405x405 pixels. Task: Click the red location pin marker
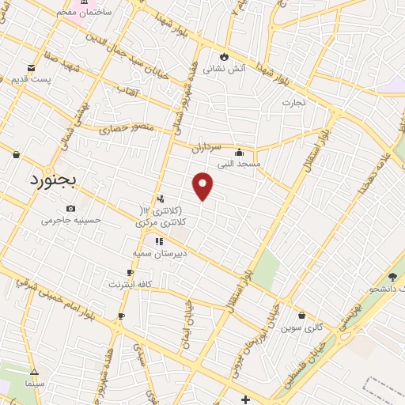tap(203, 186)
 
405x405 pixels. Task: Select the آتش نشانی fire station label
tap(225, 69)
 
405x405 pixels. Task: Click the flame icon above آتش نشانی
tap(225, 56)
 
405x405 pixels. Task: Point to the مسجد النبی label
tap(239, 164)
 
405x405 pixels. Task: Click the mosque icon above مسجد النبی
tap(239, 152)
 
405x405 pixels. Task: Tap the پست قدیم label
tap(31, 80)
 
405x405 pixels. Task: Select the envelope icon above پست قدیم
tap(31, 68)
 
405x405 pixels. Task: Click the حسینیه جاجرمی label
tap(72, 221)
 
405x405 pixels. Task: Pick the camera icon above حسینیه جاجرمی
tap(71, 209)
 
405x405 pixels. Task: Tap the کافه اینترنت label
tap(131, 283)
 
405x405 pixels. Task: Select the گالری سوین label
tap(303, 327)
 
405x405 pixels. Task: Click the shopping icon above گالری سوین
tap(302, 316)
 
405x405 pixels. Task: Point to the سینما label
tap(33, 383)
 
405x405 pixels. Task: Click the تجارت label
tap(293, 102)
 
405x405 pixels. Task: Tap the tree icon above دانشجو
tap(392, 277)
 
